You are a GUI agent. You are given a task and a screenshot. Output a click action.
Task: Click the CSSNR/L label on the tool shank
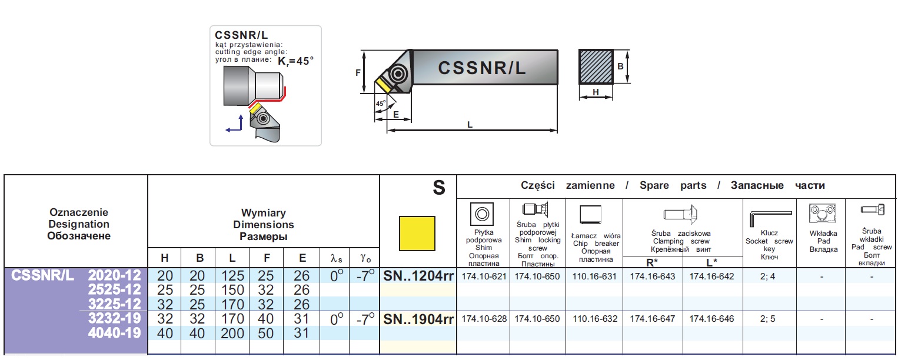482,68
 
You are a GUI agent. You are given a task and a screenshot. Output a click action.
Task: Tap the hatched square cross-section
596,66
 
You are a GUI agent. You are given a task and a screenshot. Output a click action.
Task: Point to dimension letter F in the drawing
358,72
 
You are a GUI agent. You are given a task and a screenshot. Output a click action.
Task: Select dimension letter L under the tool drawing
470,124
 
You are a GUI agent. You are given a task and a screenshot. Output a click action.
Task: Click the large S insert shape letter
438,188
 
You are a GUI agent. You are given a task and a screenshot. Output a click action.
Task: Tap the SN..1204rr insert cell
418,275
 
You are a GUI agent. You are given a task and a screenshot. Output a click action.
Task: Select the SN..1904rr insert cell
418,319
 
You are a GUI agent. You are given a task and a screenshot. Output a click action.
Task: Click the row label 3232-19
115,319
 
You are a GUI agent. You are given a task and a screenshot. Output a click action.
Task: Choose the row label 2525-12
115,289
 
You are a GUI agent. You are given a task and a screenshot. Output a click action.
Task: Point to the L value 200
232,333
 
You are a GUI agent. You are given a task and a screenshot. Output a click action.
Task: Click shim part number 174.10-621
484,276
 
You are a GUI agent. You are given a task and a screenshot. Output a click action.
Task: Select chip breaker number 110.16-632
595,319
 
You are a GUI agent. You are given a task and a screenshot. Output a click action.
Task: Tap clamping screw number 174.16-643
653,276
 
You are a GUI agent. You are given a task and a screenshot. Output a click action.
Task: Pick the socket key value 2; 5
769,319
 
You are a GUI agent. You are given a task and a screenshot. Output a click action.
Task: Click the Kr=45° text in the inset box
296,61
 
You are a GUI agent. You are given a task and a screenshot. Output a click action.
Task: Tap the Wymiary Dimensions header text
263,224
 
